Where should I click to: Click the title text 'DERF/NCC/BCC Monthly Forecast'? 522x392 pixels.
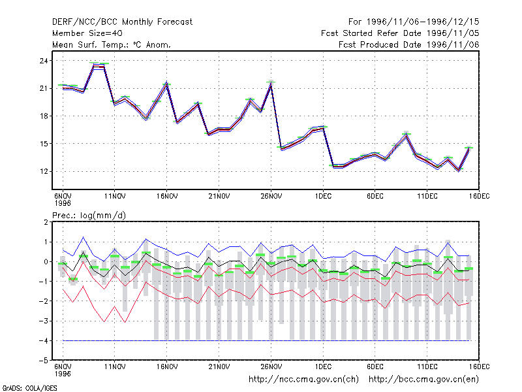[122, 22]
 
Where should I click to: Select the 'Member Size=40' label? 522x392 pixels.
[87, 33]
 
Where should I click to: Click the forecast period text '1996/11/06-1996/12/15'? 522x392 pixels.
[423, 22]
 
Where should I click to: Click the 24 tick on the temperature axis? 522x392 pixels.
[44, 61]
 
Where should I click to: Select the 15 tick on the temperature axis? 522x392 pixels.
[44, 144]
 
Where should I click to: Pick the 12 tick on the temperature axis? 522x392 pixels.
[44, 171]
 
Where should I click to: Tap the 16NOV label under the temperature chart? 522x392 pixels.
[167, 197]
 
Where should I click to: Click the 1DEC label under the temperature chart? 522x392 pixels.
[323, 197]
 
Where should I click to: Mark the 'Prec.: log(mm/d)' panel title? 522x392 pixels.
[89, 216]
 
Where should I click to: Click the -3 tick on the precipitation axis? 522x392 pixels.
[43, 321]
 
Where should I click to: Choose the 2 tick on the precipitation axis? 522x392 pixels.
[46, 222]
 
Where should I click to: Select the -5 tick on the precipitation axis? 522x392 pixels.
[43, 361]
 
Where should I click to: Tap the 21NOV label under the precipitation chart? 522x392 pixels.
[219, 367]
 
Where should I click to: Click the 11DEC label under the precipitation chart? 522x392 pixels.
[427, 367]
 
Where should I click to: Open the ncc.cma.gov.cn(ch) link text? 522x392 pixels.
[303, 380]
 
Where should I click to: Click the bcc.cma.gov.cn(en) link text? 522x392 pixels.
[423, 380]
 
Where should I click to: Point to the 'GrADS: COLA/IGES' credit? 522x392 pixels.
[29, 388]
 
